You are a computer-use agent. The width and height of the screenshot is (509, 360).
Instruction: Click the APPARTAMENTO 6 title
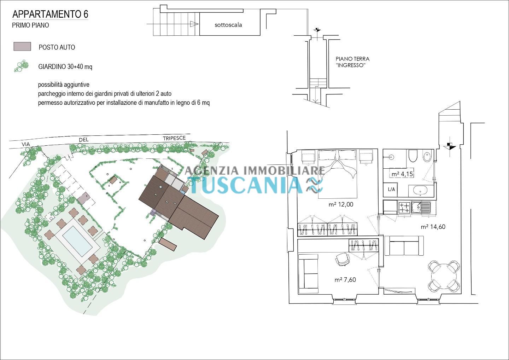click(50, 14)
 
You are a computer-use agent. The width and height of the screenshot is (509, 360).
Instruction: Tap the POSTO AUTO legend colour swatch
click(22, 47)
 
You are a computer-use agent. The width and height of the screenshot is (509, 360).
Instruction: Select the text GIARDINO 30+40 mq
click(65, 67)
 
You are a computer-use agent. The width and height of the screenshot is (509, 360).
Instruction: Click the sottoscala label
click(228, 25)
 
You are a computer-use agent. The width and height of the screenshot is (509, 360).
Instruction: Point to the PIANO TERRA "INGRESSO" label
click(352, 62)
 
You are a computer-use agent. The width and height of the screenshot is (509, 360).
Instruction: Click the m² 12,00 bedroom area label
click(341, 204)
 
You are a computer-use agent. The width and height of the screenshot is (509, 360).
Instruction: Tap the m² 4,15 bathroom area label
click(402, 174)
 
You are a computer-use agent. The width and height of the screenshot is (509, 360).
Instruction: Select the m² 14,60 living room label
click(433, 227)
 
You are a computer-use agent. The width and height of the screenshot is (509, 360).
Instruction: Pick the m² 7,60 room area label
click(345, 280)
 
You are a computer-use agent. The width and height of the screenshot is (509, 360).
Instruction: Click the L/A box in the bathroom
click(391, 189)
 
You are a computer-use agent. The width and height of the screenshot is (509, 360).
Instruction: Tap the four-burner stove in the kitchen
click(404, 208)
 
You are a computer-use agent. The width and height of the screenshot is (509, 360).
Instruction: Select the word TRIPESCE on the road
click(174, 138)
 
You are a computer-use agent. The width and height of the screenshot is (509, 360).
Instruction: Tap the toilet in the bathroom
click(412, 156)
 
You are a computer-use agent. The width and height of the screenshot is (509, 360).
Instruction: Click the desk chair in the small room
click(342, 260)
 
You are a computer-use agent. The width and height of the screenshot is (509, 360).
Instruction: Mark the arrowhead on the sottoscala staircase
click(194, 24)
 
